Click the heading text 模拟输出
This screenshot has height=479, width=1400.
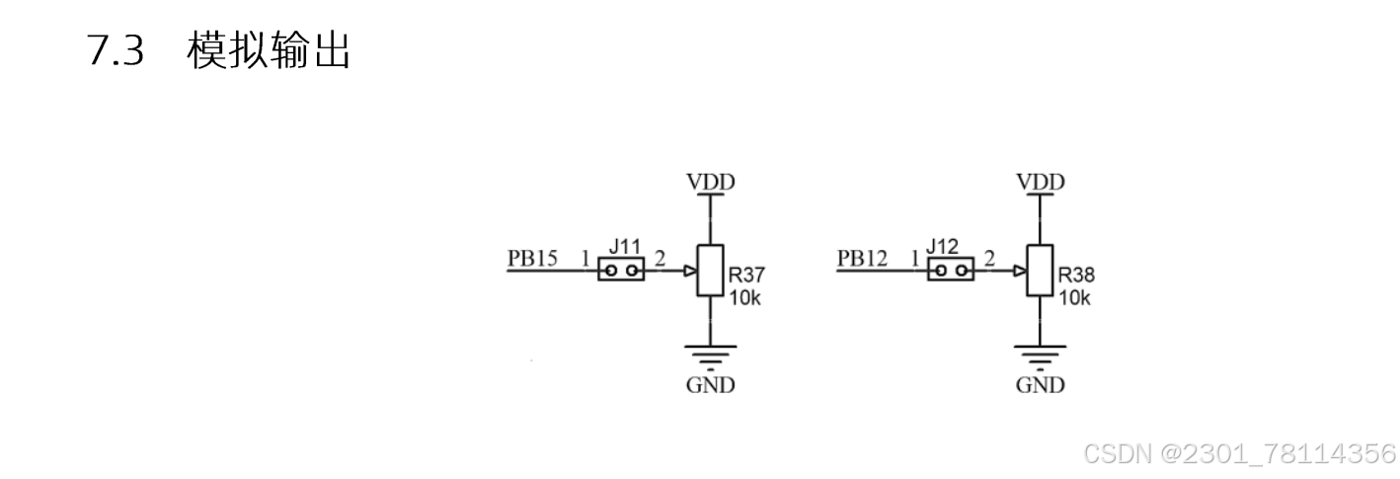coord(269,51)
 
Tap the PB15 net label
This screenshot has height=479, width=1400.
coord(532,259)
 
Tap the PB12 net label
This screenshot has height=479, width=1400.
coord(862,259)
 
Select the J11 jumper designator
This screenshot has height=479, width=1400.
coord(625,245)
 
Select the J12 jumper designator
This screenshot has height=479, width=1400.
coord(944,245)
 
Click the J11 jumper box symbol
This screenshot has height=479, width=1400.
coord(621,270)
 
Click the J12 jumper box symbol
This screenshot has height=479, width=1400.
coord(950,270)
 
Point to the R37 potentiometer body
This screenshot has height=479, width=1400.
coord(710,270)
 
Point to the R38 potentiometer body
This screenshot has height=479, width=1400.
coord(1040,270)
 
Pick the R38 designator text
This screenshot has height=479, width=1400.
coord(1077,276)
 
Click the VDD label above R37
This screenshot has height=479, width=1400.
coord(711,182)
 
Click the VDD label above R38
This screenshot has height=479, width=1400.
coord(1041,182)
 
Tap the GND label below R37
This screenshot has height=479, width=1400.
coord(711,385)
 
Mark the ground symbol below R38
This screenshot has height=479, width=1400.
coord(1041,353)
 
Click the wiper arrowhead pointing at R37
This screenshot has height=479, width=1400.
coord(690,270)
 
